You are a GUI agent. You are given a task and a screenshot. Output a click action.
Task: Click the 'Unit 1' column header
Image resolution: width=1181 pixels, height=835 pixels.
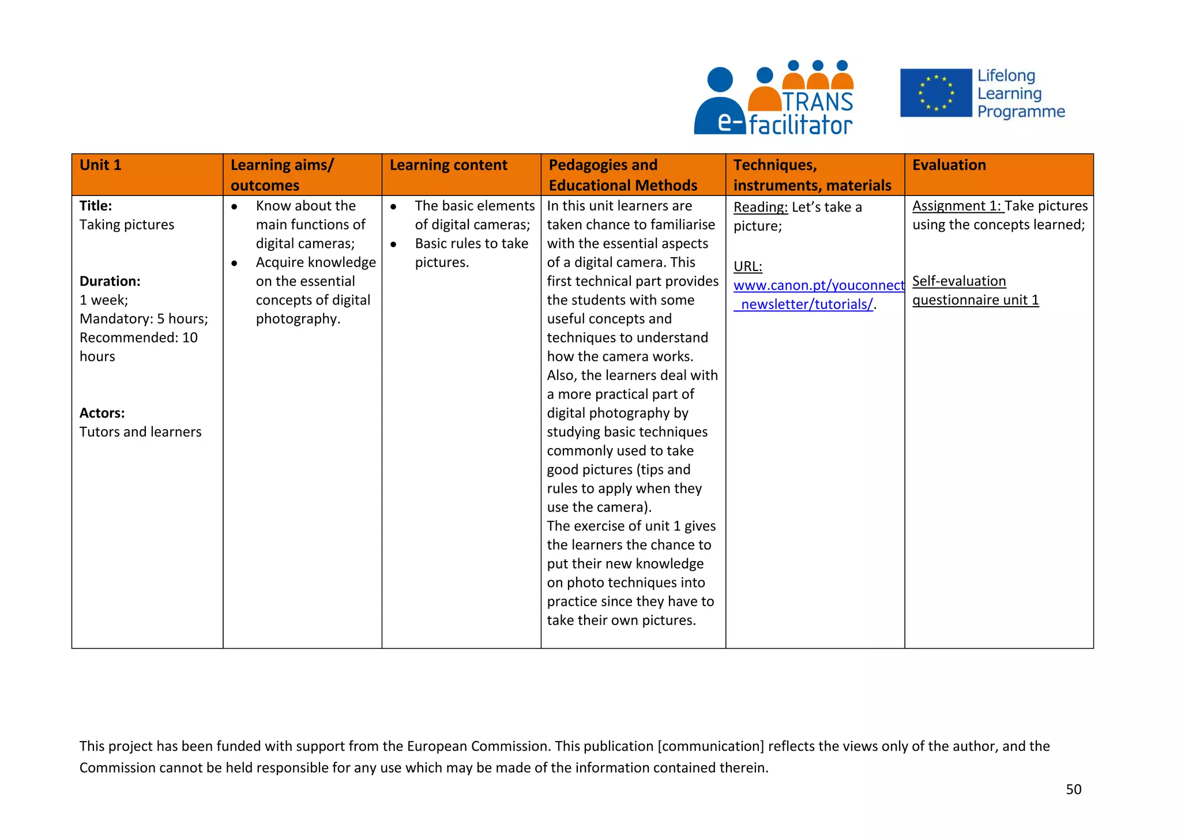coord(101,166)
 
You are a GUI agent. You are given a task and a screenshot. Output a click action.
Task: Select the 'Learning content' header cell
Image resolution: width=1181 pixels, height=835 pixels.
coord(448,166)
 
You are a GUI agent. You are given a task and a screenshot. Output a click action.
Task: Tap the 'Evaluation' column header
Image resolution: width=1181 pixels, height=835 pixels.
coord(949,166)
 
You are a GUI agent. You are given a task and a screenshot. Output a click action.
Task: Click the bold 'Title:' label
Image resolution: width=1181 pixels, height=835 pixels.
coord(96,206)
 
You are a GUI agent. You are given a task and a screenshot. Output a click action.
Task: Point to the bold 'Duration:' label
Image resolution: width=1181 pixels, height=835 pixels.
coord(110,281)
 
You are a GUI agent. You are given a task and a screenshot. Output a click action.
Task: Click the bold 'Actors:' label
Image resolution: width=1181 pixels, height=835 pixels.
coord(102,413)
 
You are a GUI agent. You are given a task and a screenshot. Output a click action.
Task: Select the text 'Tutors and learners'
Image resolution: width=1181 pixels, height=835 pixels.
coord(140,432)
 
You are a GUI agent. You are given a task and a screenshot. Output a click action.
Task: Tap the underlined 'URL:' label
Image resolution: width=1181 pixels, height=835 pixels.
coord(747,267)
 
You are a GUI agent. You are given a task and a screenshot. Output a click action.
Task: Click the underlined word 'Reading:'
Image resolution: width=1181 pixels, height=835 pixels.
coord(760,208)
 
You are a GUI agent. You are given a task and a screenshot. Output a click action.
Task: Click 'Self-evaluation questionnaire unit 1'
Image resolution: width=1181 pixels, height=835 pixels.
coord(975,291)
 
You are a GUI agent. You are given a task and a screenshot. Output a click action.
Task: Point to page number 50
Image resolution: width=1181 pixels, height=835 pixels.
coord(1073,789)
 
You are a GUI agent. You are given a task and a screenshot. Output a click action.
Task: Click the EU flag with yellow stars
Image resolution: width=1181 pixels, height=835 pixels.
coord(935,93)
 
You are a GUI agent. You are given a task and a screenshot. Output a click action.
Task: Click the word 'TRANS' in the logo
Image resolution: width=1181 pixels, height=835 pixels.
coord(818,102)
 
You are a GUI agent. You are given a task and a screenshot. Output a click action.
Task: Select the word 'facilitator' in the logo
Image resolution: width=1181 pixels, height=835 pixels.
coord(800,125)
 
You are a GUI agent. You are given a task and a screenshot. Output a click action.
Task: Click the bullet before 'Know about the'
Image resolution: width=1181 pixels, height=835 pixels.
coord(235,206)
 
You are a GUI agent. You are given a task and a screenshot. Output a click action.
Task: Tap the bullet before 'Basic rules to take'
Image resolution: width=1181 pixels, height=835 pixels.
coord(393,245)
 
